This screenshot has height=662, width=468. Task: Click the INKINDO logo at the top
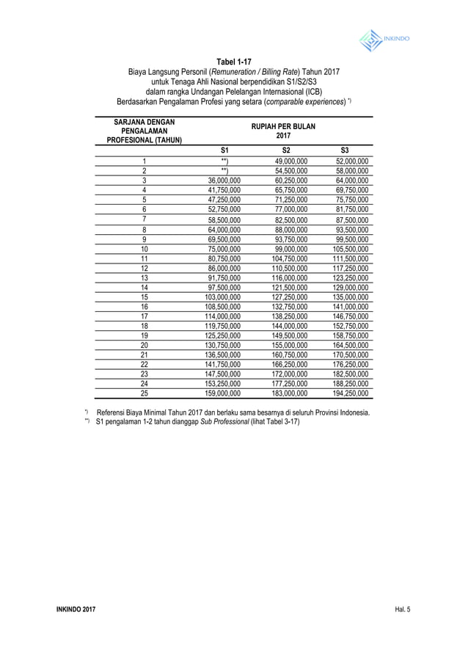point(384,40)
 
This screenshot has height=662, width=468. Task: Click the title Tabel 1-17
point(233,61)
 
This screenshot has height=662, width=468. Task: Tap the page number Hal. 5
point(402,611)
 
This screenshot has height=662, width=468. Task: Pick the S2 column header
point(286,150)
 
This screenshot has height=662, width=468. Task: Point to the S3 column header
point(345,150)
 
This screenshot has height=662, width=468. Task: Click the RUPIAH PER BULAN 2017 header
point(283,131)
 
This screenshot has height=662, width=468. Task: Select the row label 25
point(145,393)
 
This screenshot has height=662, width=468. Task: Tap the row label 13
point(145,278)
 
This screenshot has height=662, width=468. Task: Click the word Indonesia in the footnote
point(352,413)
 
